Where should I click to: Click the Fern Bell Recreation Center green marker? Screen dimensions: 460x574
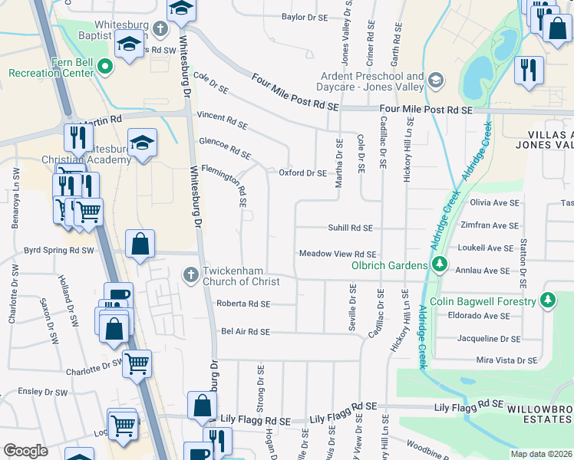tap(107, 67)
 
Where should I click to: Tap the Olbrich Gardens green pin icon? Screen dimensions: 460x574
tap(439, 265)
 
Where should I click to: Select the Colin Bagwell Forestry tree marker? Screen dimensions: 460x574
tap(548, 300)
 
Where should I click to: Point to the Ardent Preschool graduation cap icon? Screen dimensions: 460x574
tap(435, 80)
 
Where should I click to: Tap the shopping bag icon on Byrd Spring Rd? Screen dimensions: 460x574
tap(140, 245)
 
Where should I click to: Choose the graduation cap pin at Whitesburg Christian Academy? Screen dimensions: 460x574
tap(142, 143)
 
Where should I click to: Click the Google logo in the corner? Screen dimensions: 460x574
tap(25, 451)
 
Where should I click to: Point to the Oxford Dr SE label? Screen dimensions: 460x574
tap(302, 173)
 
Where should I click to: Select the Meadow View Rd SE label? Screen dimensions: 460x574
tap(338, 254)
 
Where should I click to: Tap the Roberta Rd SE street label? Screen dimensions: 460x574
tap(243, 304)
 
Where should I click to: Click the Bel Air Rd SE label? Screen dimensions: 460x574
tap(246, 331)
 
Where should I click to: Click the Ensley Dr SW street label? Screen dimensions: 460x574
tap(43, 392)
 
